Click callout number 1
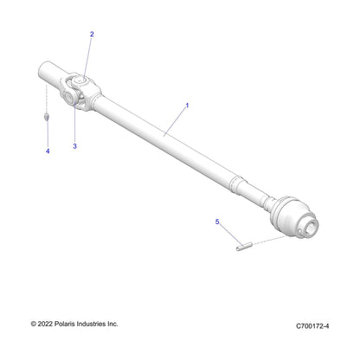coord(186,105)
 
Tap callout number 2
coord(92,35)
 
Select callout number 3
coord(75,146)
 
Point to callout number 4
coord(48,151)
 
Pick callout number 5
coord(217,222)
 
